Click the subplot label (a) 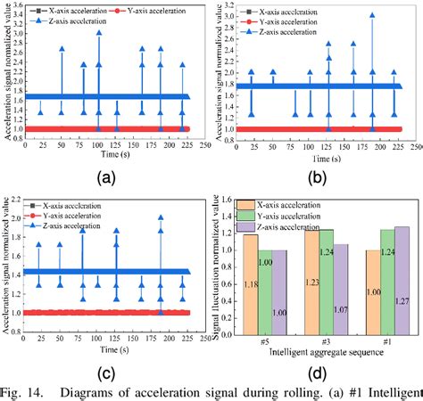[107, 177]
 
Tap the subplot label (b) [317, 177]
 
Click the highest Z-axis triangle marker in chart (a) [99, 32]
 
